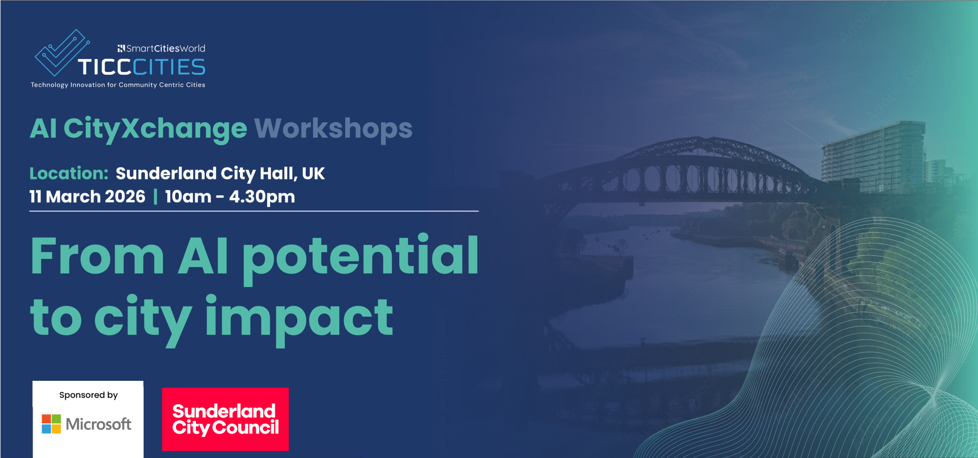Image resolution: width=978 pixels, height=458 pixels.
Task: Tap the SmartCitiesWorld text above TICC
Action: click(161, 48)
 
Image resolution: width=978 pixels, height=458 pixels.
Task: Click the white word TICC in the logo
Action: click(105, 67)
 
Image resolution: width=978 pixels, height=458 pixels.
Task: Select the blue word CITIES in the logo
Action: click(169, 67)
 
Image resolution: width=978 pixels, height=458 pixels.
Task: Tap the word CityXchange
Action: click(155, 129)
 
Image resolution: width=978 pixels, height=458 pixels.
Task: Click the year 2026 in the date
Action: click(125, 196)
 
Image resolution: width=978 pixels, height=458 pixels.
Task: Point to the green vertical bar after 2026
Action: click(155, 196)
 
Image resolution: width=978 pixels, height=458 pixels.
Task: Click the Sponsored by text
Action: click(88, 395)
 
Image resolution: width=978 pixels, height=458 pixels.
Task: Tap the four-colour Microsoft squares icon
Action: click(51, 424)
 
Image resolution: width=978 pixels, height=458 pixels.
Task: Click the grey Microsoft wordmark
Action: click(99, 424)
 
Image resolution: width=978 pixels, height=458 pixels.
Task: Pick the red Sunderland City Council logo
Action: click(226, 419)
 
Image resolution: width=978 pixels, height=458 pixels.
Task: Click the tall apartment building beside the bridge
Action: click(873, 156)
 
